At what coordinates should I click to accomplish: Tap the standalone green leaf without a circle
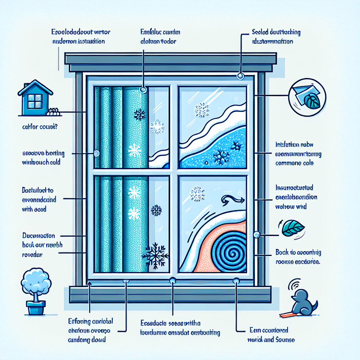coord(293,228)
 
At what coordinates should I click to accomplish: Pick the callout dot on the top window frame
coord(240,76)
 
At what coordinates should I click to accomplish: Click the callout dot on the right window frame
coord(257,234)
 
